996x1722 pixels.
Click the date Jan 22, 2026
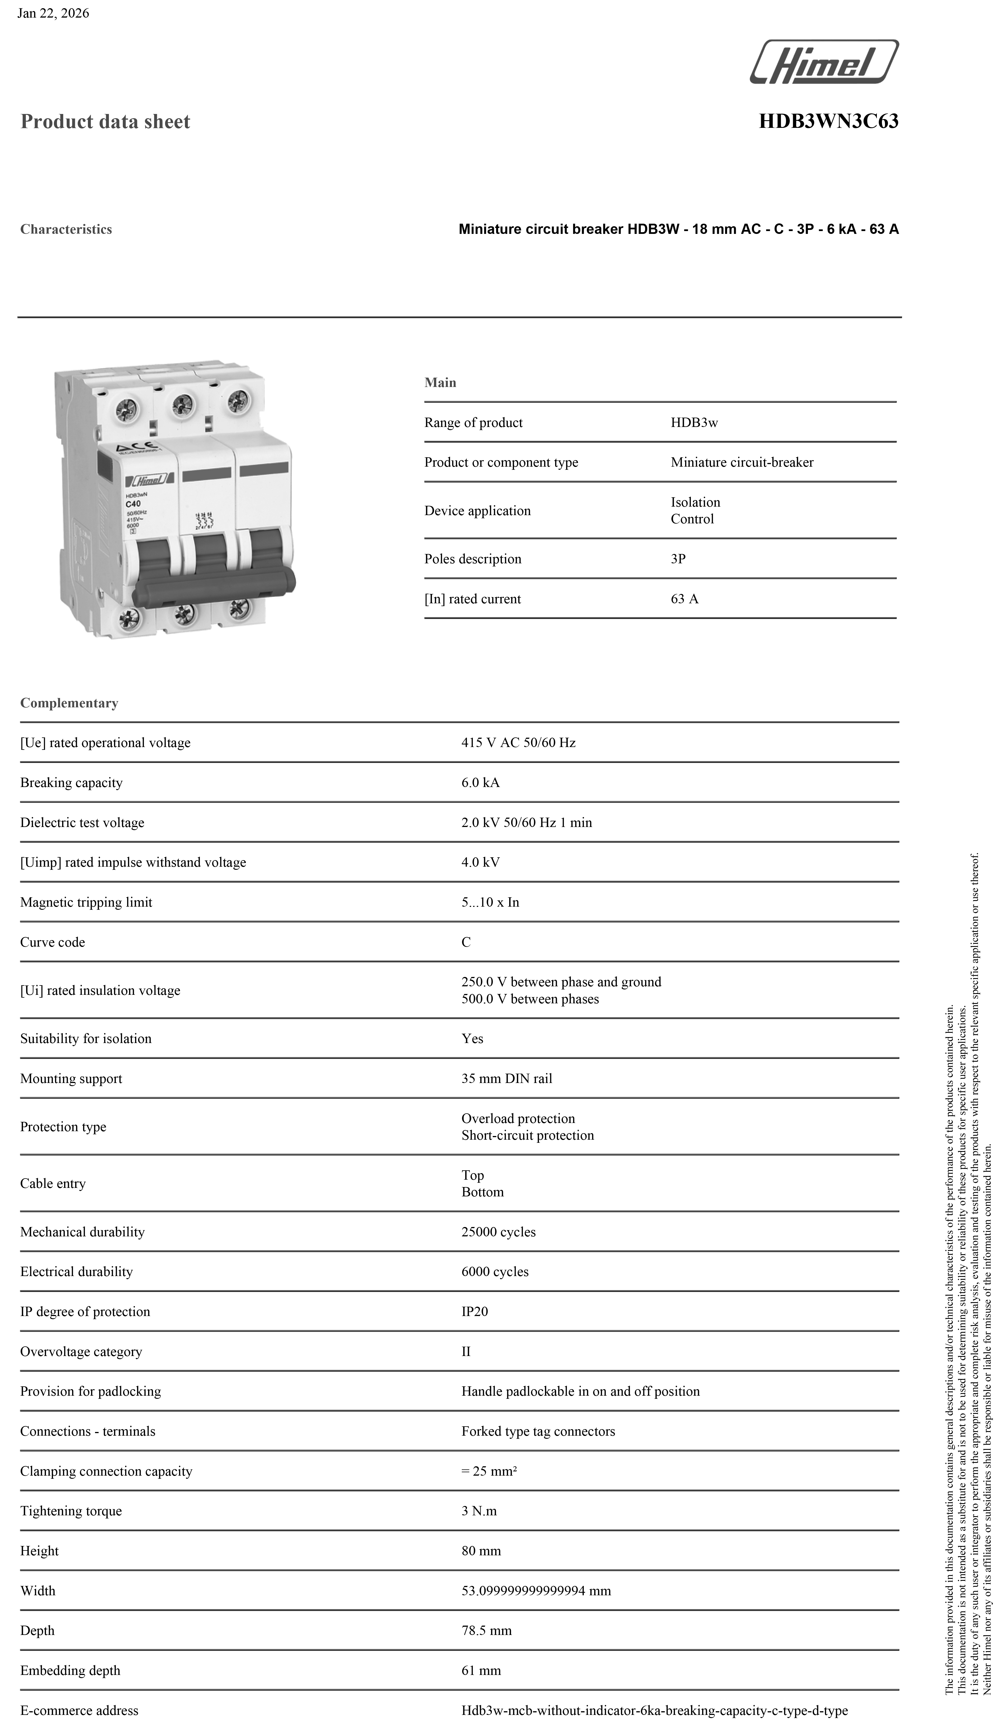click(53, 13)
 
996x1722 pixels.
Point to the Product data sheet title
click(105, 122)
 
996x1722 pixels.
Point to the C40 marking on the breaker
click(133, 504)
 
